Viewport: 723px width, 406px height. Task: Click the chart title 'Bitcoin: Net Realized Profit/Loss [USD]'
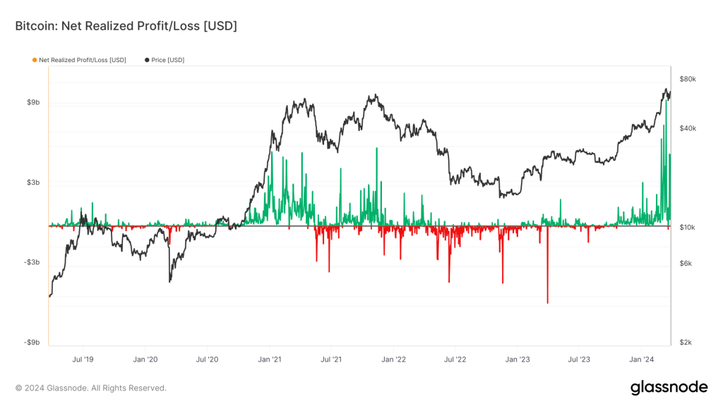[x=126, y=26]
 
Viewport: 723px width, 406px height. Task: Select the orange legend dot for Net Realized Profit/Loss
[x=35, y=60]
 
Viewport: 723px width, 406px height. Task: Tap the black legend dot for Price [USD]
[x=147, y=60]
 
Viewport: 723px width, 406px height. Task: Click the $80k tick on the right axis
[x=688, y=79]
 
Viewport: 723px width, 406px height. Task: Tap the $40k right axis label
[x=688, y=128]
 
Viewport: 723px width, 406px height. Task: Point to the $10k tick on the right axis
[x=688, y=228]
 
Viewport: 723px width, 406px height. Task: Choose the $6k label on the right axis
[x=686, y=264]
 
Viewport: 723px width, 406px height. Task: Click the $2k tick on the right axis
[x=686, y=343]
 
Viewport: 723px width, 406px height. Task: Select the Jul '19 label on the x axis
[x=83, y=359]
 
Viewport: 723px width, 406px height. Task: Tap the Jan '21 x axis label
[x=270, y=359]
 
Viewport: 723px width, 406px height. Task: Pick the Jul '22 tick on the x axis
[x=455, y=359]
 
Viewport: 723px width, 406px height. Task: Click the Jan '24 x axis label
[x=641, y=359]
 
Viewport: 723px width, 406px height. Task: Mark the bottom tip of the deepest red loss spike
[x=547, y=303]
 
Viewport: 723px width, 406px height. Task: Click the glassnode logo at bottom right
[x=669, y=387]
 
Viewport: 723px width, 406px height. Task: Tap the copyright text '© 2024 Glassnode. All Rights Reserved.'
[x=91, y=388]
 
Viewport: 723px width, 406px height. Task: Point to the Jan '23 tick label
[x=518, y=359]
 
